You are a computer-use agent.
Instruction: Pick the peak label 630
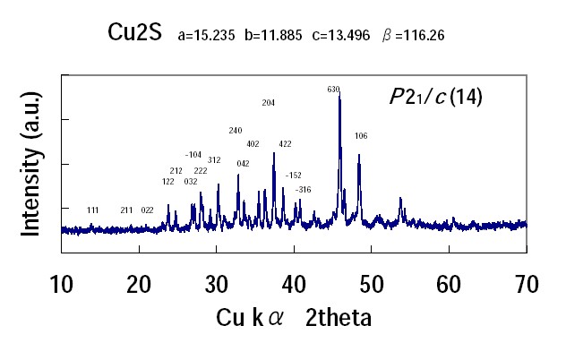(x=334, y=90)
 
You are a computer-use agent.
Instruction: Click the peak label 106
(x=361, y=136)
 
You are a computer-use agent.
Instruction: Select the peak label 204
(x=268, y=103)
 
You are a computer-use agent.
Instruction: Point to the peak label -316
(x=304, y=189)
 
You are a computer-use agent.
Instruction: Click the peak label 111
(x=93, y=210)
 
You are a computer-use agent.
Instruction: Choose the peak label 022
(x=148, y=210)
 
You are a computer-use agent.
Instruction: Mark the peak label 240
(x=236, y=131)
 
